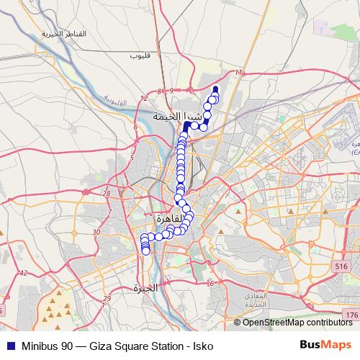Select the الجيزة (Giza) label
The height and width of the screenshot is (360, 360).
click(145, 288)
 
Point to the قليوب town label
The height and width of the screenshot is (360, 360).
click(139, 55)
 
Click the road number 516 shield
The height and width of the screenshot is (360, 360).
click(341, 266)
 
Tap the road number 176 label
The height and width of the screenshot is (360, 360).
click(351, 315)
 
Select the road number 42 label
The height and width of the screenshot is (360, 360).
click(23, 273)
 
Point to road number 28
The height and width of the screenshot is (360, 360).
click(107, 194)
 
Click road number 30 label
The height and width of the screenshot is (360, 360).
click(96, 232)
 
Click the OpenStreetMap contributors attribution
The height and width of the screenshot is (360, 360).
click(297, 322)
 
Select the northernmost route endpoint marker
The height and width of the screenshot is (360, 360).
click(215, 89)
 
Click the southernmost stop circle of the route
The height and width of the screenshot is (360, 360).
click(146, 251)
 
